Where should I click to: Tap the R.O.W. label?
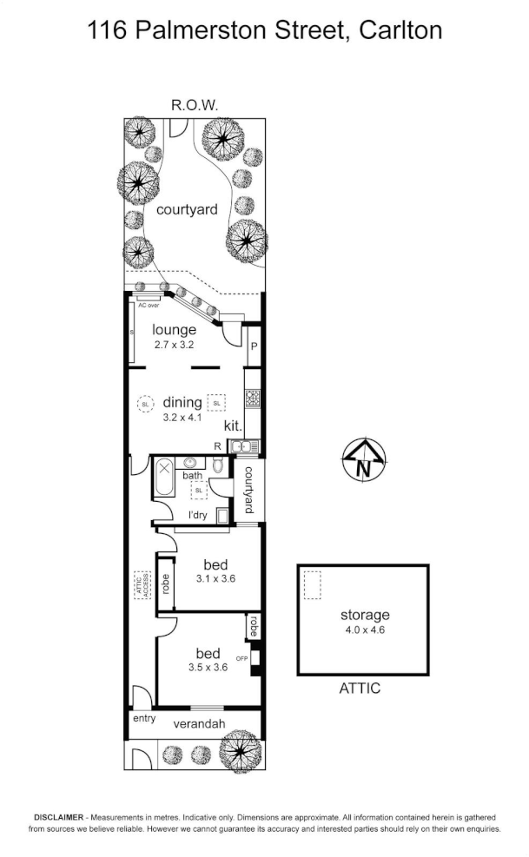point(195,105)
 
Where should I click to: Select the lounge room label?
point(174,330)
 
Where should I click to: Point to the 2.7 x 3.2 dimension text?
point(174,345)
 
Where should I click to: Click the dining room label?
point(182,402)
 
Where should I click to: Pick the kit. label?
point(232,426)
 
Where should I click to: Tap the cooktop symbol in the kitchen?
point(253,399)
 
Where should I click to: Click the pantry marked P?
point(254,345)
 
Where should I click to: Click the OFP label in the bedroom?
point(242,659)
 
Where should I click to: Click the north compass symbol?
point(364,459)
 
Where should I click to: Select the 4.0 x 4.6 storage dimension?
point(364,630)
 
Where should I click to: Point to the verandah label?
point(199,724)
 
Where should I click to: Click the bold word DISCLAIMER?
point(58,818)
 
